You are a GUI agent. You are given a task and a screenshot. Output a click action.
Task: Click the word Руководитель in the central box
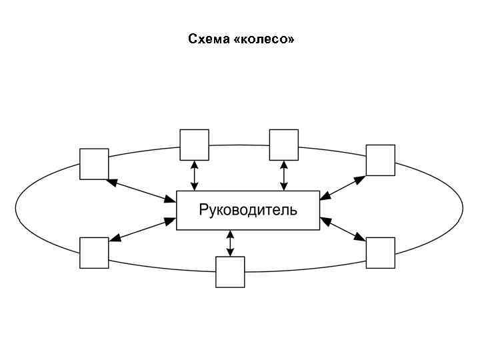248,211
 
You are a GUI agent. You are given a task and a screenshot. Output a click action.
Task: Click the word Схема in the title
208,39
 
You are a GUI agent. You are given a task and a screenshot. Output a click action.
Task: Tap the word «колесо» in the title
265,39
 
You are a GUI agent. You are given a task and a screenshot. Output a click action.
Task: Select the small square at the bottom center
230,272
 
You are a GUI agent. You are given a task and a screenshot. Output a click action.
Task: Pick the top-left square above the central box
194,144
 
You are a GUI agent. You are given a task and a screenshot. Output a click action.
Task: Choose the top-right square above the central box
283,144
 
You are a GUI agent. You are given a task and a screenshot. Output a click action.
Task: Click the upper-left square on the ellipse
94,164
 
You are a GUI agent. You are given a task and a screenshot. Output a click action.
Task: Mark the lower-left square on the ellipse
94,253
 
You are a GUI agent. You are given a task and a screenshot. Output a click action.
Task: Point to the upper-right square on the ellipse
381,160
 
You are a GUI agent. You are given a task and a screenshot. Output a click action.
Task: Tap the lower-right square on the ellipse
381,253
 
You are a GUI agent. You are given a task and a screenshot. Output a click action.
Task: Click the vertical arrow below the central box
230,243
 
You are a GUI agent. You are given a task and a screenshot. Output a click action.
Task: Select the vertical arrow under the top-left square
194,175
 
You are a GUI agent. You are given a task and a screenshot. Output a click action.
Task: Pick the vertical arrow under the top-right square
284,175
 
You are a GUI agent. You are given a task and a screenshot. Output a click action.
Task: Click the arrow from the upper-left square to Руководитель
141,190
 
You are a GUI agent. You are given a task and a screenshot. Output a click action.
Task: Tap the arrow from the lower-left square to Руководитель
141,229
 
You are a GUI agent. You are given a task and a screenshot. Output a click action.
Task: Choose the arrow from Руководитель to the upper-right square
343,187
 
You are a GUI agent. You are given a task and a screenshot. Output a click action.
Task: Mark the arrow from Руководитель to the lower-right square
343,229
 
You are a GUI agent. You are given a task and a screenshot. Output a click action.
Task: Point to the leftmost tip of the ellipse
16,208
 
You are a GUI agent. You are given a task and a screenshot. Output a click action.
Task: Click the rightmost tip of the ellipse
462,208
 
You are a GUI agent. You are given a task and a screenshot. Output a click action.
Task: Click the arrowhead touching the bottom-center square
230,253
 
